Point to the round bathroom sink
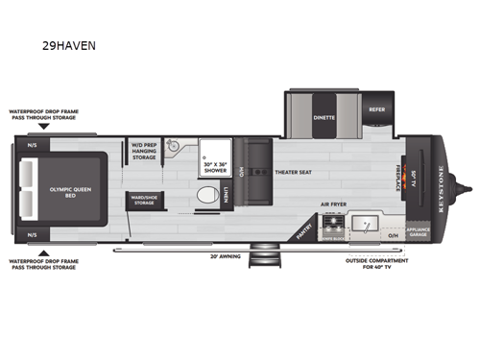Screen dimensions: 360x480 pos(173,147)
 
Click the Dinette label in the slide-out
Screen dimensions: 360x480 pos(323,123)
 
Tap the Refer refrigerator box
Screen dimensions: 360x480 pos(374,109)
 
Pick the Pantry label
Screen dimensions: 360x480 pos(304,228)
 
